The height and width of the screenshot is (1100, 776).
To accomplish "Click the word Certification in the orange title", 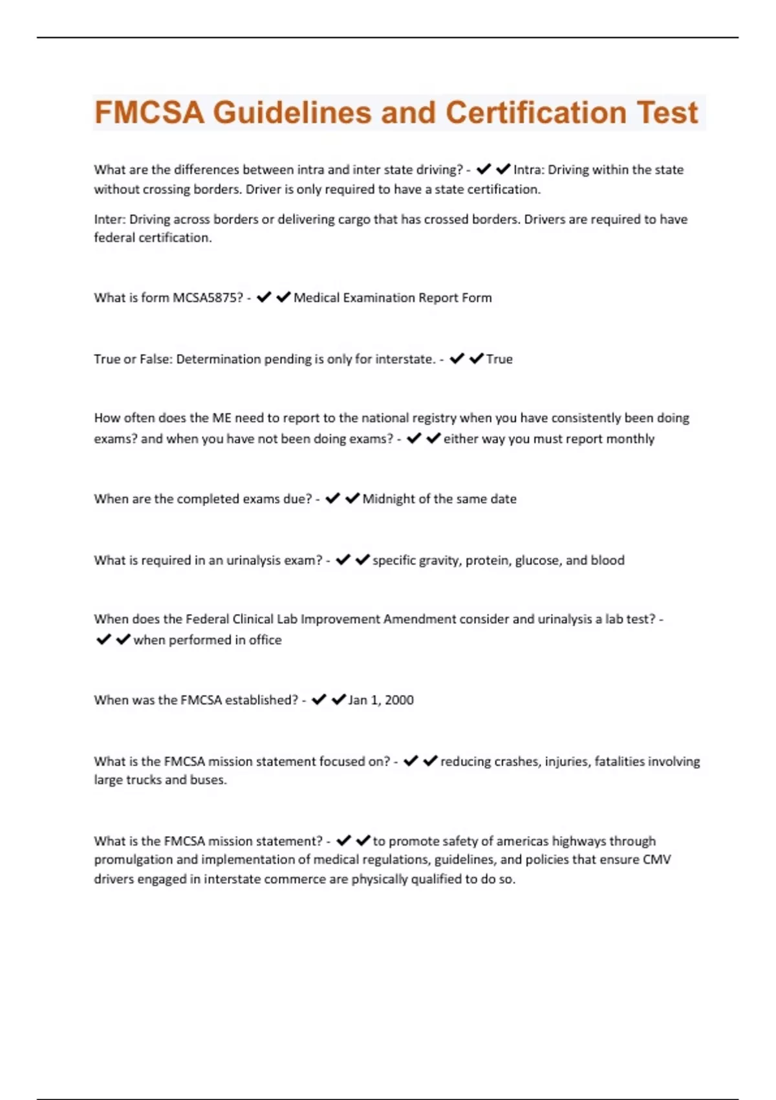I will (535, 113).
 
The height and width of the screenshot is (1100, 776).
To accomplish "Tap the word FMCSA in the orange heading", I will (149, 113).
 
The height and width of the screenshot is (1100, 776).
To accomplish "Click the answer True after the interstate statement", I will (499, 359).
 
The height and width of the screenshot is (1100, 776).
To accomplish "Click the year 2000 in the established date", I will (399, 700).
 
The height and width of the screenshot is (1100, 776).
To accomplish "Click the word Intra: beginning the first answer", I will (529, 170).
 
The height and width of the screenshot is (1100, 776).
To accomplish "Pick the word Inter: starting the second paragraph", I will (109, 219).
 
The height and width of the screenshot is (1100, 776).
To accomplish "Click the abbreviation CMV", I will (657, 860).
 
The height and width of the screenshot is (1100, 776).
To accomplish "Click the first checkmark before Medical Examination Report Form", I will (263, 298).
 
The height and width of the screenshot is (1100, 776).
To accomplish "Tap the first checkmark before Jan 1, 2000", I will (318, 700).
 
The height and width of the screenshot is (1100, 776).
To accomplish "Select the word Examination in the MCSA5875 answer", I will (377, 298).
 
